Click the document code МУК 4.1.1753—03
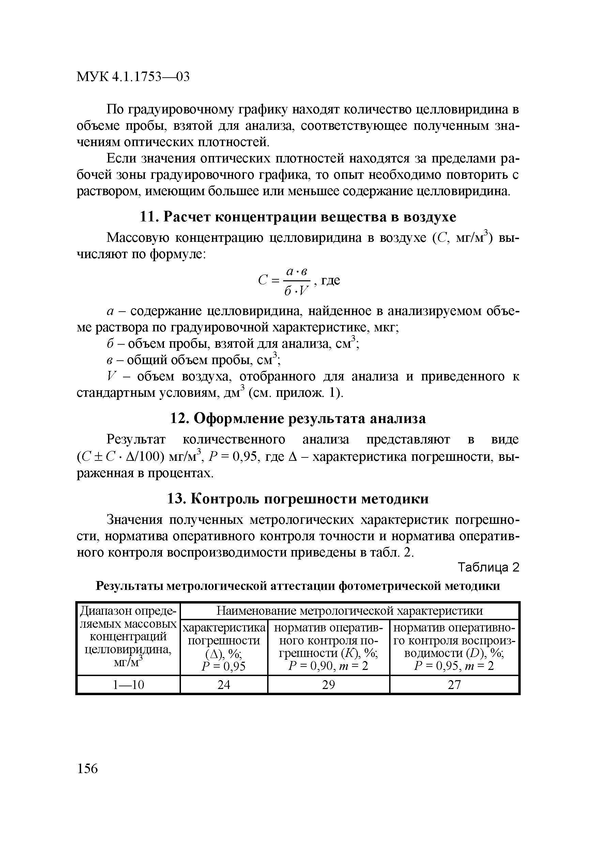133,77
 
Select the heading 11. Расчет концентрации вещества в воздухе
298,217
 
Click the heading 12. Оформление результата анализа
298,419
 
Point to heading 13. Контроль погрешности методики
298,499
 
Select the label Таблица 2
488,568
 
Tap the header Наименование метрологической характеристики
349,611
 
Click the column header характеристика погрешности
224,640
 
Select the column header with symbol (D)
454,647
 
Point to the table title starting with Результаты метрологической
298,586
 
